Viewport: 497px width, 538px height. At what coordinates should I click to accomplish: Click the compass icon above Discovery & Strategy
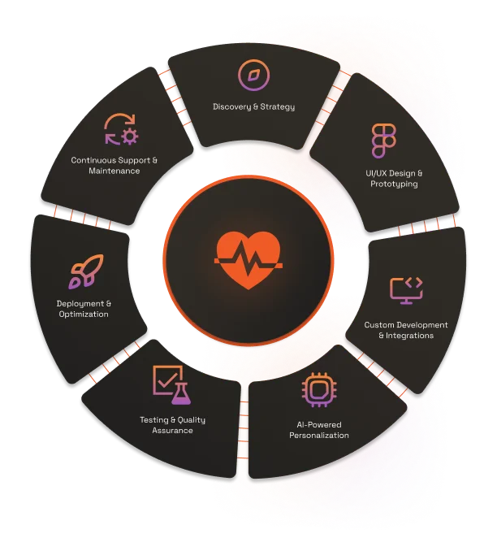click(x=253, y=76)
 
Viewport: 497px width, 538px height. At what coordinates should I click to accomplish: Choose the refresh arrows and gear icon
click(x=121, y=129)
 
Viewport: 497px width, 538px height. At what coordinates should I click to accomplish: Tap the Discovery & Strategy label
click(x=253, y=106)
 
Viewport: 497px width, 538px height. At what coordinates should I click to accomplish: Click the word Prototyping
click(x=394, y=184)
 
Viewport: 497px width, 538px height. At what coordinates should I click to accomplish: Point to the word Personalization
click(x=319, y=436)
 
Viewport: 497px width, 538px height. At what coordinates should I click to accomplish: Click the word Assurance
click(x=172, y=431)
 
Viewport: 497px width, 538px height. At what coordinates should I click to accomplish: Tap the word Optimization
click(x=83, y=315)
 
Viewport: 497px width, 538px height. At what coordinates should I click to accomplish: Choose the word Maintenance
click(x=115, y=171)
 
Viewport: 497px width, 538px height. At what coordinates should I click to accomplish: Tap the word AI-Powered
click(x=319, y=425)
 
